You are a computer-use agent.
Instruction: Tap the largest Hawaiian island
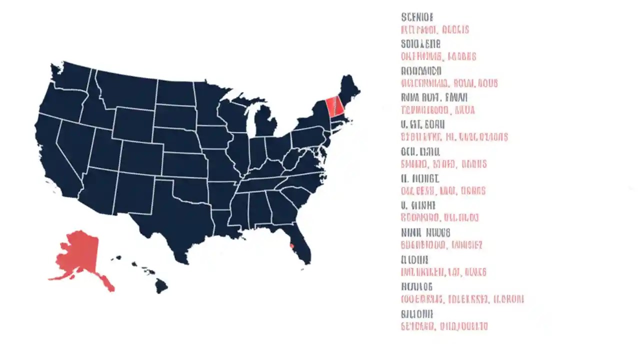click(160, 286)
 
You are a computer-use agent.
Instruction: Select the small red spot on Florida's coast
click(292, 245)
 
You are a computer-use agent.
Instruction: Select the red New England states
click(334, 106)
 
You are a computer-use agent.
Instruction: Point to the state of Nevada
click(75, 145)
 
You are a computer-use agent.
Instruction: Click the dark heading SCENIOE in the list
click(417, 17)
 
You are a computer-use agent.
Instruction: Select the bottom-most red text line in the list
click(444, 326)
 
